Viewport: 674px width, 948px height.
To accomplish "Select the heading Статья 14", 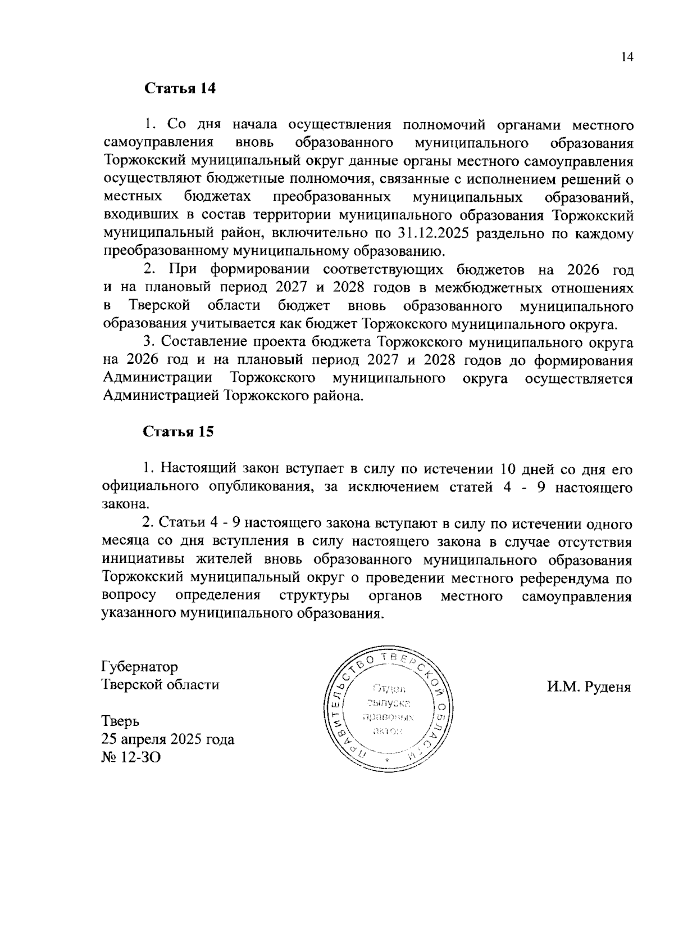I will [180, 89].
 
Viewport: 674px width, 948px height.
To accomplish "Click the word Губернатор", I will [140, 667].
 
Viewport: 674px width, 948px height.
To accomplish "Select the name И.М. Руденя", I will [589, 687].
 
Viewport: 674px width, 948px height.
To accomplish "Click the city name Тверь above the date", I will [121, 721].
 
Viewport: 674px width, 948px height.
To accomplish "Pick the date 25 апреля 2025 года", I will [168, 739].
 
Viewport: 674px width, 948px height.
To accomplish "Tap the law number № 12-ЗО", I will [131, 757].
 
